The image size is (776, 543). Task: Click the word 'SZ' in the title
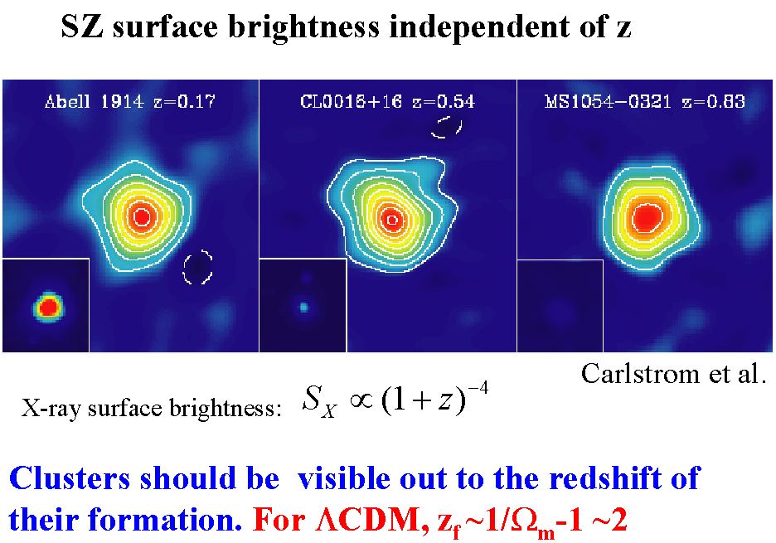pyautogui.click(x=82, y=27)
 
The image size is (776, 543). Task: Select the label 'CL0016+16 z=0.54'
pyautogui.click(x=387, y=103)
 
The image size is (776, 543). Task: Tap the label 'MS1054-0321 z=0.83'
pyautogui.click(x=644, y=103)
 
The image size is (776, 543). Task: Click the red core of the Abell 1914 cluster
pyautogui.click(x=141, y=216)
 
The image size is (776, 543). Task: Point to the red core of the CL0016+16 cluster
pyautogui.click(x=391, y=219)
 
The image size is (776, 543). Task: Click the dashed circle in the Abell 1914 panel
pyautogui.click(x=198, y=268)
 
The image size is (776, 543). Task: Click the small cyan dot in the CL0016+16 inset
pyautogui.click(x=303, y=307)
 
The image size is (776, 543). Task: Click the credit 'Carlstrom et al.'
pyautogui.click(x=672, y=374)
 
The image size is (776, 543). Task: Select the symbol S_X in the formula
pyautogui.click(x=317, y=405)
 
